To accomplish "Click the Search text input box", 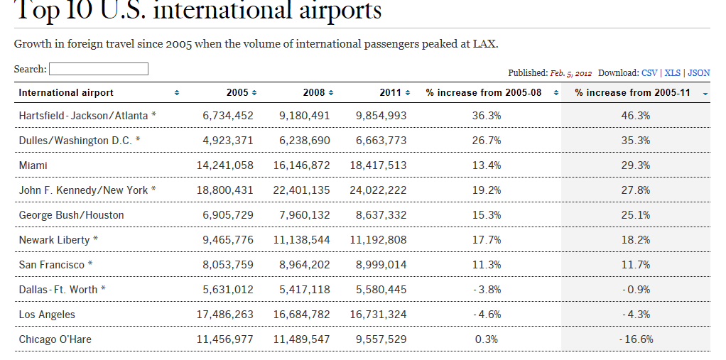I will point(99,69).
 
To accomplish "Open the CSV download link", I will point(649,73).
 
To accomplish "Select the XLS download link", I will point(672,73).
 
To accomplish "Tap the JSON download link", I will point(699,73).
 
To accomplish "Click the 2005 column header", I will point(237,93).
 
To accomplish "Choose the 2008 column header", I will point(313,93).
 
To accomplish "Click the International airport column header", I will point(66,93).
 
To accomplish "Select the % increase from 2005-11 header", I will point(632,93).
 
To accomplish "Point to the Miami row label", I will point(33,165).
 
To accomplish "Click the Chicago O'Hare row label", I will point(55,339).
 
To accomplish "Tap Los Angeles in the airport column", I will point(47,315).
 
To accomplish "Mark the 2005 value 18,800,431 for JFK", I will point(224,190).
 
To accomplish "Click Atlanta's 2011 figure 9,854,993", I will point(381,116).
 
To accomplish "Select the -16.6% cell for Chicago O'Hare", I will point(636,339).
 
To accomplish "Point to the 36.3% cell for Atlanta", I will point(487,116).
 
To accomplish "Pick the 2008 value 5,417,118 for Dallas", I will point(304,290).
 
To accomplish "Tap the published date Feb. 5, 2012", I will point(570,73).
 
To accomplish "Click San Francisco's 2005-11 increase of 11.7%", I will point(636,265).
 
